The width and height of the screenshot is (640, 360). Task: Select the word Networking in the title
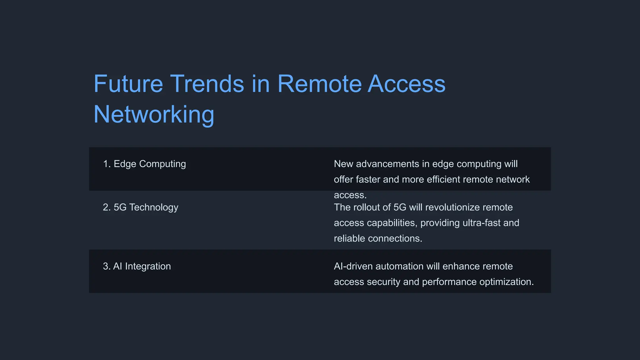pos(154,114)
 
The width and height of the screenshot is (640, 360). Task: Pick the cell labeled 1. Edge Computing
pos(144,164)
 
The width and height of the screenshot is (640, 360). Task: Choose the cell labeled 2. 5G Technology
pos(141,207)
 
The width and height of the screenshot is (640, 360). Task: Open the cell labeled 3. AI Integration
pos(137,266)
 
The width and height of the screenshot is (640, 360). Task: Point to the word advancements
pos(387,164)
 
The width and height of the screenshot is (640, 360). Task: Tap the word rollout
pos(372,207)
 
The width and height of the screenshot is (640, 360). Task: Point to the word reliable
pos(349,238)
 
